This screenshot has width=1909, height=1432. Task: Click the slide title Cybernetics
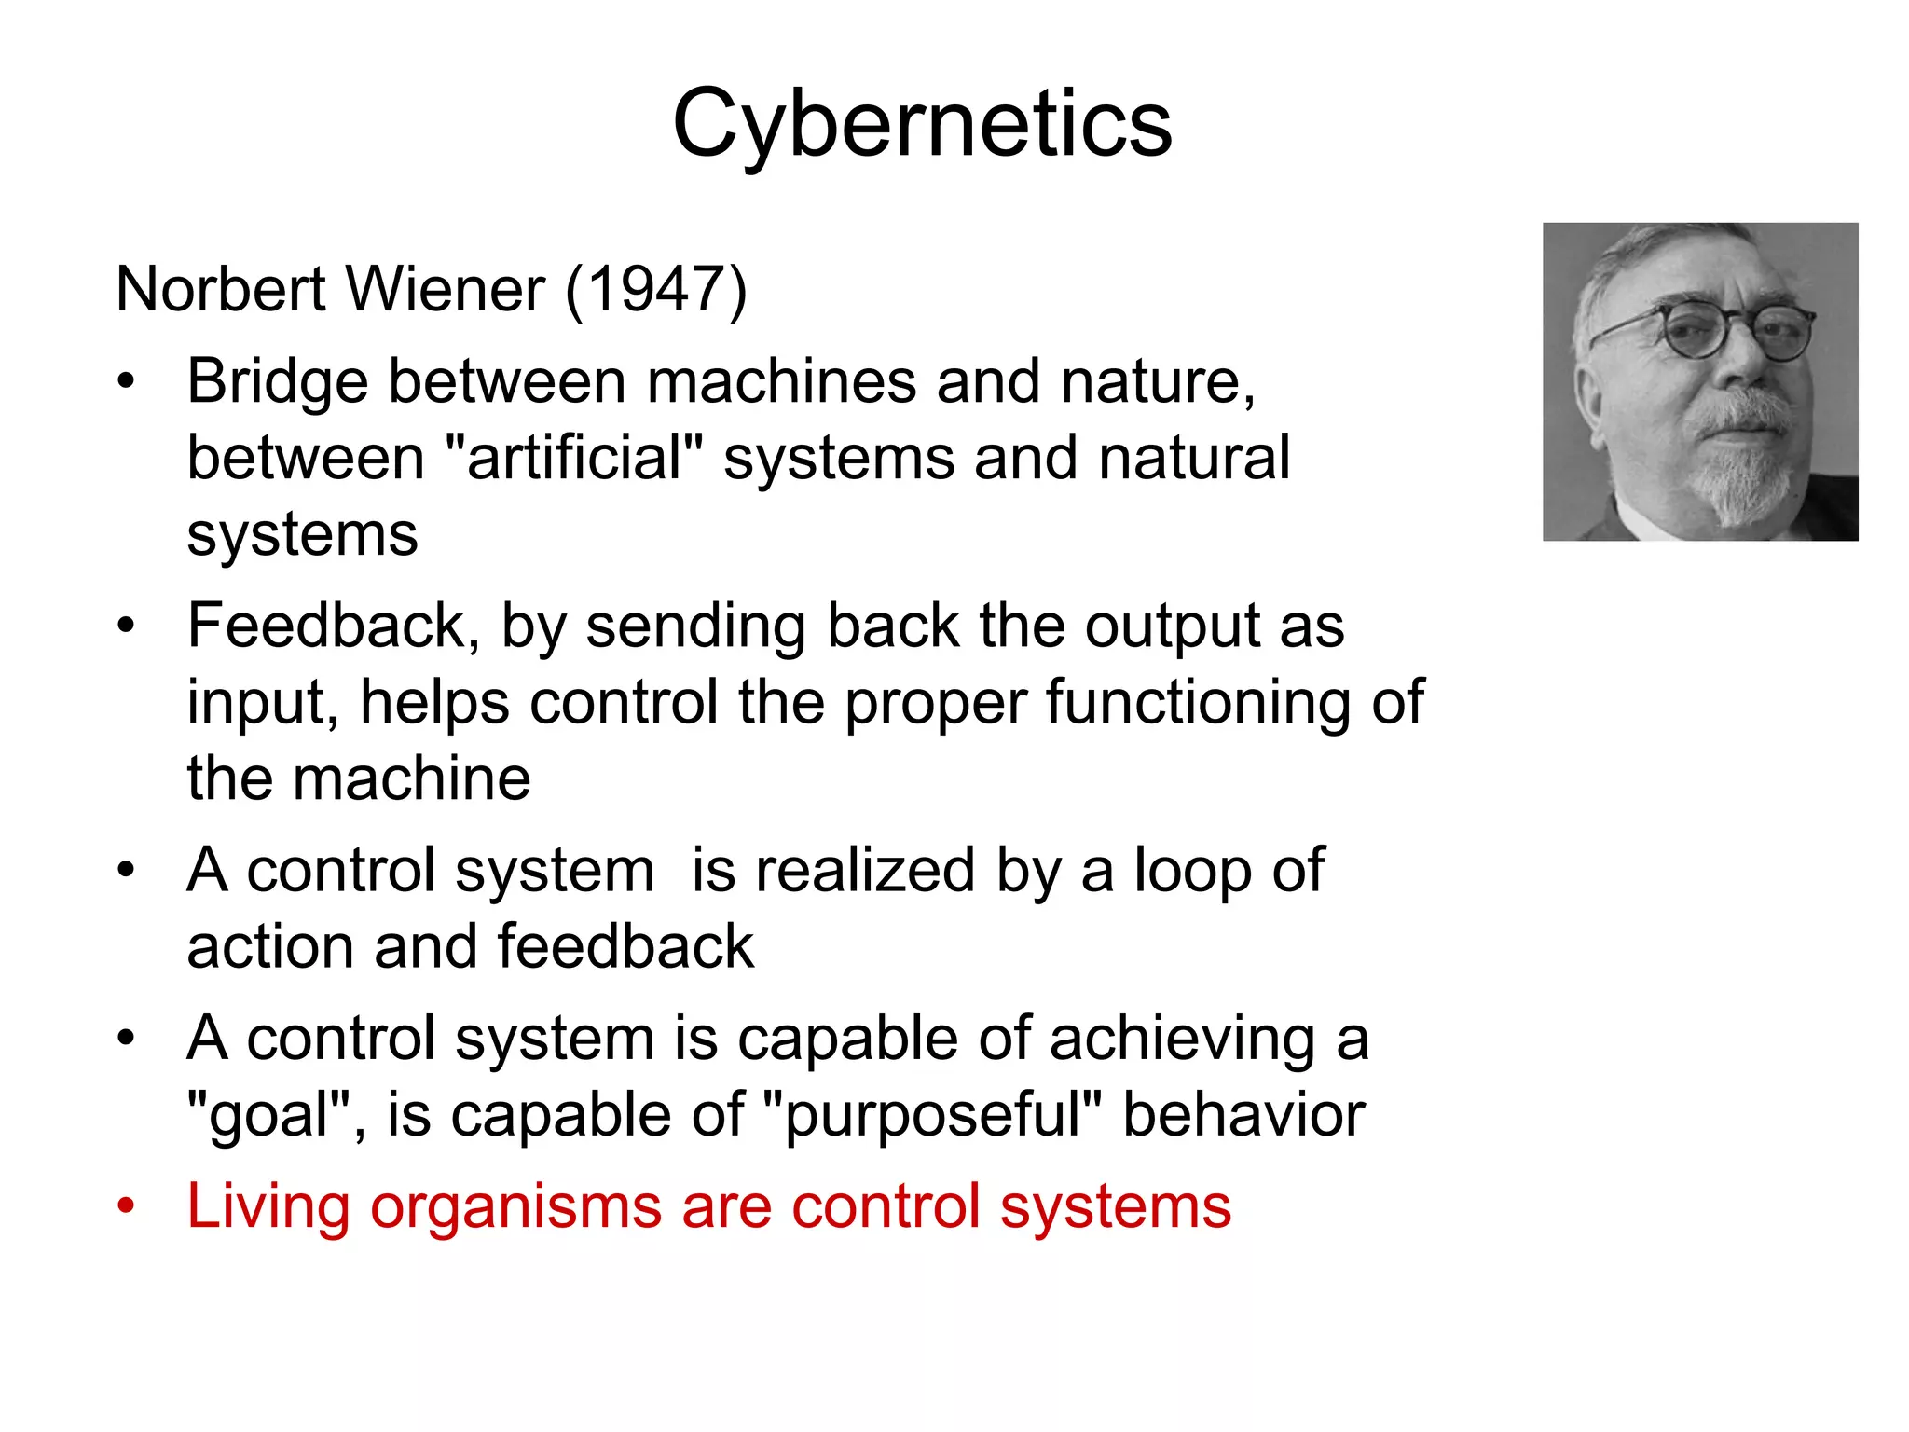pos(922,125)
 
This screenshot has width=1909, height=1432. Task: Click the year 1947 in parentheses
pos(656,289)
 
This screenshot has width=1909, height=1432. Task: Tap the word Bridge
pos(277,382)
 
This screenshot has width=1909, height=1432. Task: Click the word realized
pos(865,872)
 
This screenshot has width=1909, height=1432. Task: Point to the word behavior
pos(1243,1116)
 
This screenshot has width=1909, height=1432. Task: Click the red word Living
pos(268,1207)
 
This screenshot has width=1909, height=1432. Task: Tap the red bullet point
pos(126,1207)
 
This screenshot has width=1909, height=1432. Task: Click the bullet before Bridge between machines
pos(126,382)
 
